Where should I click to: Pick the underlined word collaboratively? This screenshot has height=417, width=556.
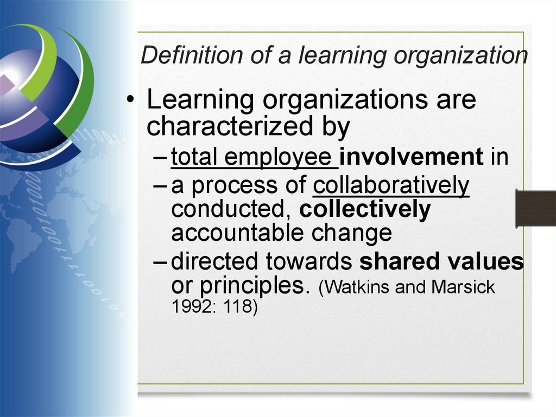tap(391, 185)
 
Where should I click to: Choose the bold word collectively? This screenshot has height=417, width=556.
tap(365, 209)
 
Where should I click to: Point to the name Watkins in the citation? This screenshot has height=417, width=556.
tap(358, 287)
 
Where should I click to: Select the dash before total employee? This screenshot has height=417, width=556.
tap(161, 158)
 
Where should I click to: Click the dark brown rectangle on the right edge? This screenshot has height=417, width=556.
tap(535, 208)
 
